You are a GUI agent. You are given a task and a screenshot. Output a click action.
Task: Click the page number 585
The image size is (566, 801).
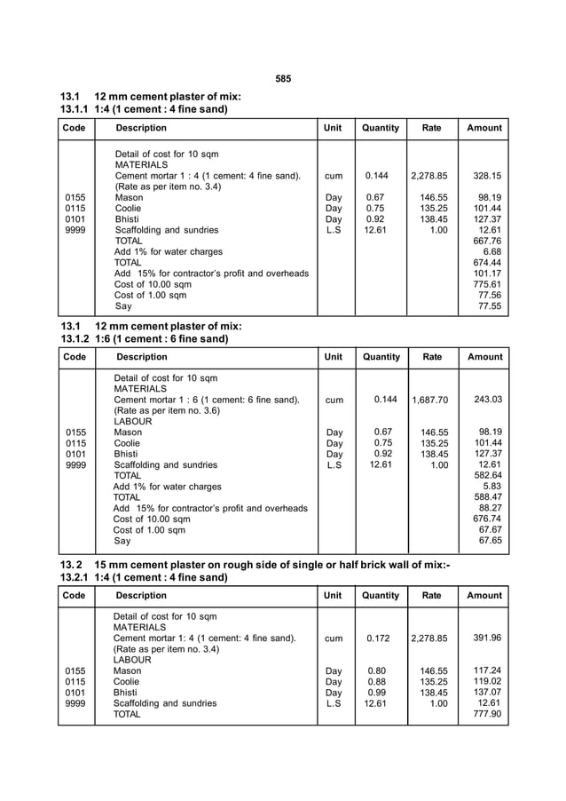coord(283,79)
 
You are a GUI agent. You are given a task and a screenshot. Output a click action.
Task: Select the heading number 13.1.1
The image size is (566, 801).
coord(75,109)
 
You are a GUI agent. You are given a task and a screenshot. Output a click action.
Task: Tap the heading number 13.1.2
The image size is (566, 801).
coord(75,339)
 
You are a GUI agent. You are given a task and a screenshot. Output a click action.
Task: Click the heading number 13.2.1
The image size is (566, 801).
coord(75,577)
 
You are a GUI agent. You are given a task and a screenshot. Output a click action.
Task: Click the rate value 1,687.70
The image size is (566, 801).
coord(430,400)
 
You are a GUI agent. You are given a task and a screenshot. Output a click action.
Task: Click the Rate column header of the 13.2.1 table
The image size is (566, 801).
coord(432,595)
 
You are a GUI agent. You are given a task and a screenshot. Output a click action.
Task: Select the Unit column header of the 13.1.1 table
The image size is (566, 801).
coord(333,128)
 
